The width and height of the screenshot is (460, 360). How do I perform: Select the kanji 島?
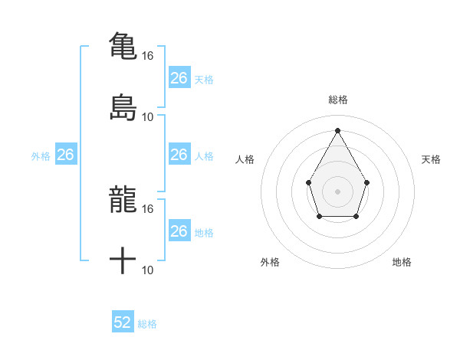click(123, 107)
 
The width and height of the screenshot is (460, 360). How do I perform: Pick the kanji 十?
click(123, 260)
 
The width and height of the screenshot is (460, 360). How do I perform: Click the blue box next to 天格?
click(179, 78)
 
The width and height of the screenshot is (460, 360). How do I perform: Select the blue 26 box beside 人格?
click(179, 155)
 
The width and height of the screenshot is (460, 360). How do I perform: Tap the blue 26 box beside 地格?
click(179, 231)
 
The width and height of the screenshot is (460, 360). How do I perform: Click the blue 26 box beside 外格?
click(66, 155)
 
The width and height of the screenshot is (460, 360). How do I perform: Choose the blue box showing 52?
click(123, 322)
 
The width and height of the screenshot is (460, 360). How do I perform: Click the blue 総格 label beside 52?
click(147, 324)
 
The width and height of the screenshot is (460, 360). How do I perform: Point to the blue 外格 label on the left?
click(41, 156)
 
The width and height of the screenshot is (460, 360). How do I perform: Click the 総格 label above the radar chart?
click(337, 100)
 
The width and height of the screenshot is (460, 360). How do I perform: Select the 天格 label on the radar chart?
click(431, 159)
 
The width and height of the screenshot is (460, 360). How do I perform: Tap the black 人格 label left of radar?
click(245, 159)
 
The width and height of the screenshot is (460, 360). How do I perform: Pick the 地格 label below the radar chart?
click(402, 262)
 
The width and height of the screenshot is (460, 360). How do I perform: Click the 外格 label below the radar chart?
click(270, 262)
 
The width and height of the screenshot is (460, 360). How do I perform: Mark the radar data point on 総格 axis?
click(337, 129)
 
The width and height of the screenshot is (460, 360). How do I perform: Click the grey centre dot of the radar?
click(337, 191)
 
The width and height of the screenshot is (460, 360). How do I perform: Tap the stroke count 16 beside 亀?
click(148, 56)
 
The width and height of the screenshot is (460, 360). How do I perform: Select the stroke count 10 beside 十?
click(148, 270)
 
